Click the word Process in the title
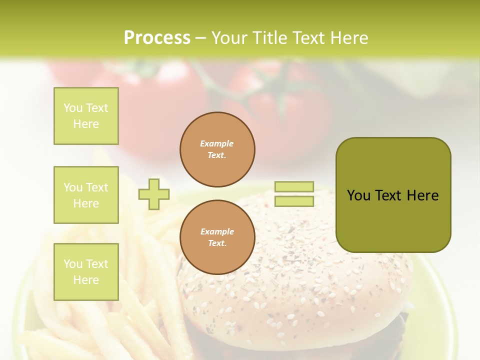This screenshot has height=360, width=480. click(157, 38)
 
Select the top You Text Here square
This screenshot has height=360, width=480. click(86, 116)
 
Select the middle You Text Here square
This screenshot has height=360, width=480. click(86, 195)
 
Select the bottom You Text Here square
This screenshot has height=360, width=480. click(86, 271)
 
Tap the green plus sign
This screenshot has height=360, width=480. click(154, 194)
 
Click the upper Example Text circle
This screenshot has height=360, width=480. click(217, 149)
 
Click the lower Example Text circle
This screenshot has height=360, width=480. click(217, 237)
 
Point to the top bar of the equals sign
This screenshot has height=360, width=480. click(294, 186)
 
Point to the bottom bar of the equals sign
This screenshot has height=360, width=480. click(294, 201)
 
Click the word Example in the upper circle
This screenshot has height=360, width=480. click(217, 143)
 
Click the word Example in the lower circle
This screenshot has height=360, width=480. click(217, 231)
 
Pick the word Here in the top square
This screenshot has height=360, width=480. click(86, 124)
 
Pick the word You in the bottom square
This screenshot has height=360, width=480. click(73, 263)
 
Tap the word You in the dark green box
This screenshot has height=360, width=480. click(358, 195)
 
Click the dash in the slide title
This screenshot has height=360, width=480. click(200, 38)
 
